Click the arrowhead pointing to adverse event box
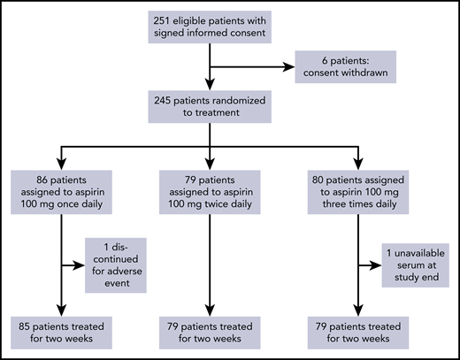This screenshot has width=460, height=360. (x=84, y=264)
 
